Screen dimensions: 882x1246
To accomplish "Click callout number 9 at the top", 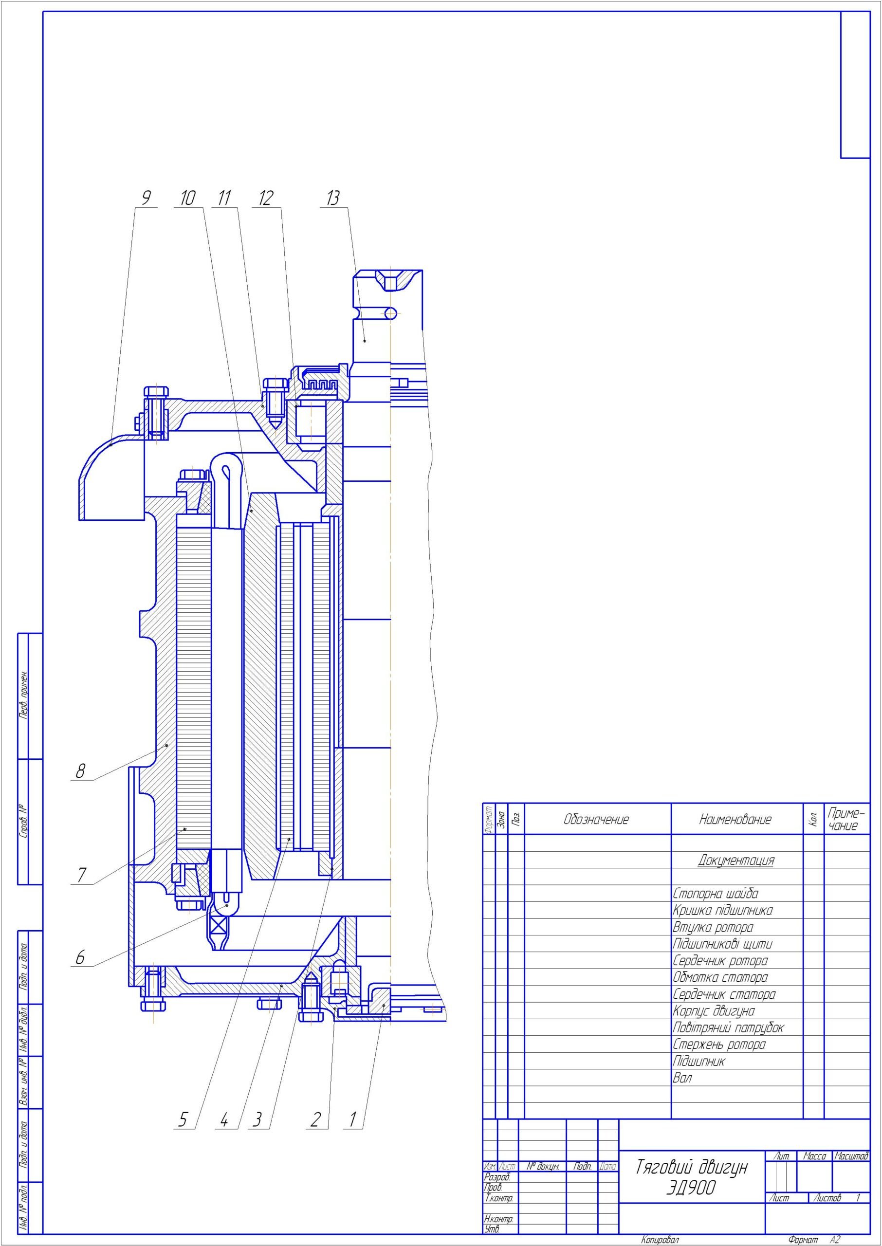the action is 146,198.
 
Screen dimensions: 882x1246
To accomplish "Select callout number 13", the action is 332,198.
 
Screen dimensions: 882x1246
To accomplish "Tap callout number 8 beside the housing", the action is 80,771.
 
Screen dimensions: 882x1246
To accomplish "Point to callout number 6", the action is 80,957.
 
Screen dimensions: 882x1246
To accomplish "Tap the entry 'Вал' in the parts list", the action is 683,1078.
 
